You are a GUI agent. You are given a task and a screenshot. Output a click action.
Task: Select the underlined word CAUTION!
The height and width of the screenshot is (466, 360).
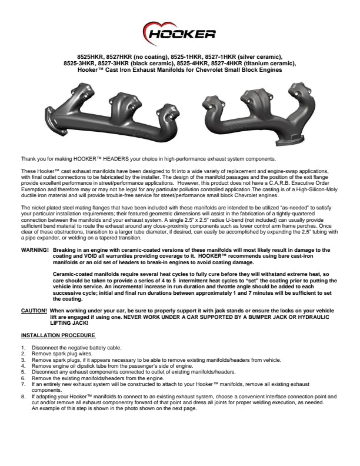[x=34, y=309]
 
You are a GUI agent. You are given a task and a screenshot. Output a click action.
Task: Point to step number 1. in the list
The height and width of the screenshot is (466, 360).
[x=23, y=348]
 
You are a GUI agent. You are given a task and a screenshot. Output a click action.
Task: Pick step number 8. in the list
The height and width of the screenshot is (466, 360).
[x=23, y=397]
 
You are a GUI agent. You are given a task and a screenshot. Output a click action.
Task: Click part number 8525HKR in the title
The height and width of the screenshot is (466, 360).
[x=83, y=57]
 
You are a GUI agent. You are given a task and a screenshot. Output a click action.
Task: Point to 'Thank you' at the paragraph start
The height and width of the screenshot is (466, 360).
[x=31, y=159]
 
